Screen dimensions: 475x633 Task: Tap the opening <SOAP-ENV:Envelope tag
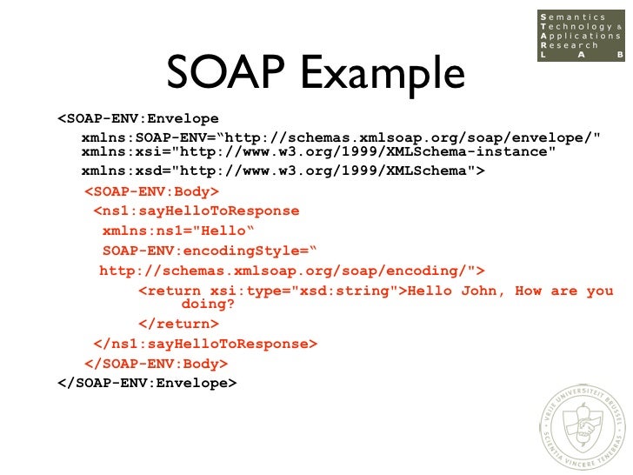[x=138, y=118]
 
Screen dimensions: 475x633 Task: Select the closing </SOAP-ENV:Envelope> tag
[x=147, y=382]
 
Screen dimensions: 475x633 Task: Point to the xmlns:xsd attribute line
[x=283, y=171]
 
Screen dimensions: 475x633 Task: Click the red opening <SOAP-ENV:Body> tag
[x=151, y=191]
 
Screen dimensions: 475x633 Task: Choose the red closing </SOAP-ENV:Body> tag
[x=156, y=364]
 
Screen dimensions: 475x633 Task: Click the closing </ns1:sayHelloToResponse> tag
[x=205, y=344]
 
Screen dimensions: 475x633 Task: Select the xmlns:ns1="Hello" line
[x=177, y=231]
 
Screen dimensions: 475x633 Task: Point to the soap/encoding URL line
[x=292, y=271]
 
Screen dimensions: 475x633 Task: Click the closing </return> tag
[x=178, y=324]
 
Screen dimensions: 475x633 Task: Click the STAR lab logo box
[x=580, y=37]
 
